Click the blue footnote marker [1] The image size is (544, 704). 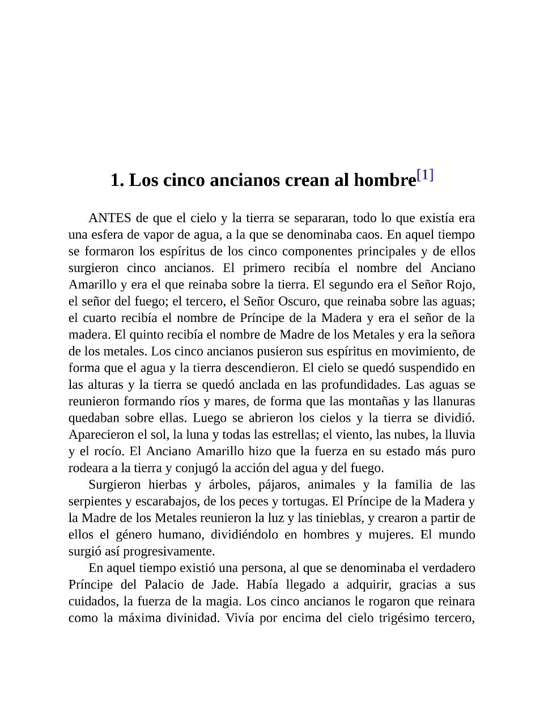(x=425, y=175)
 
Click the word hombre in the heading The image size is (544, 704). (x=385, y=180)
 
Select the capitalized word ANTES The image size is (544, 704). (x=110, y=218)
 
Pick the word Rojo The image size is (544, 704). (x=460, y=285)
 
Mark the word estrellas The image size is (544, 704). (x=295, y=435)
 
